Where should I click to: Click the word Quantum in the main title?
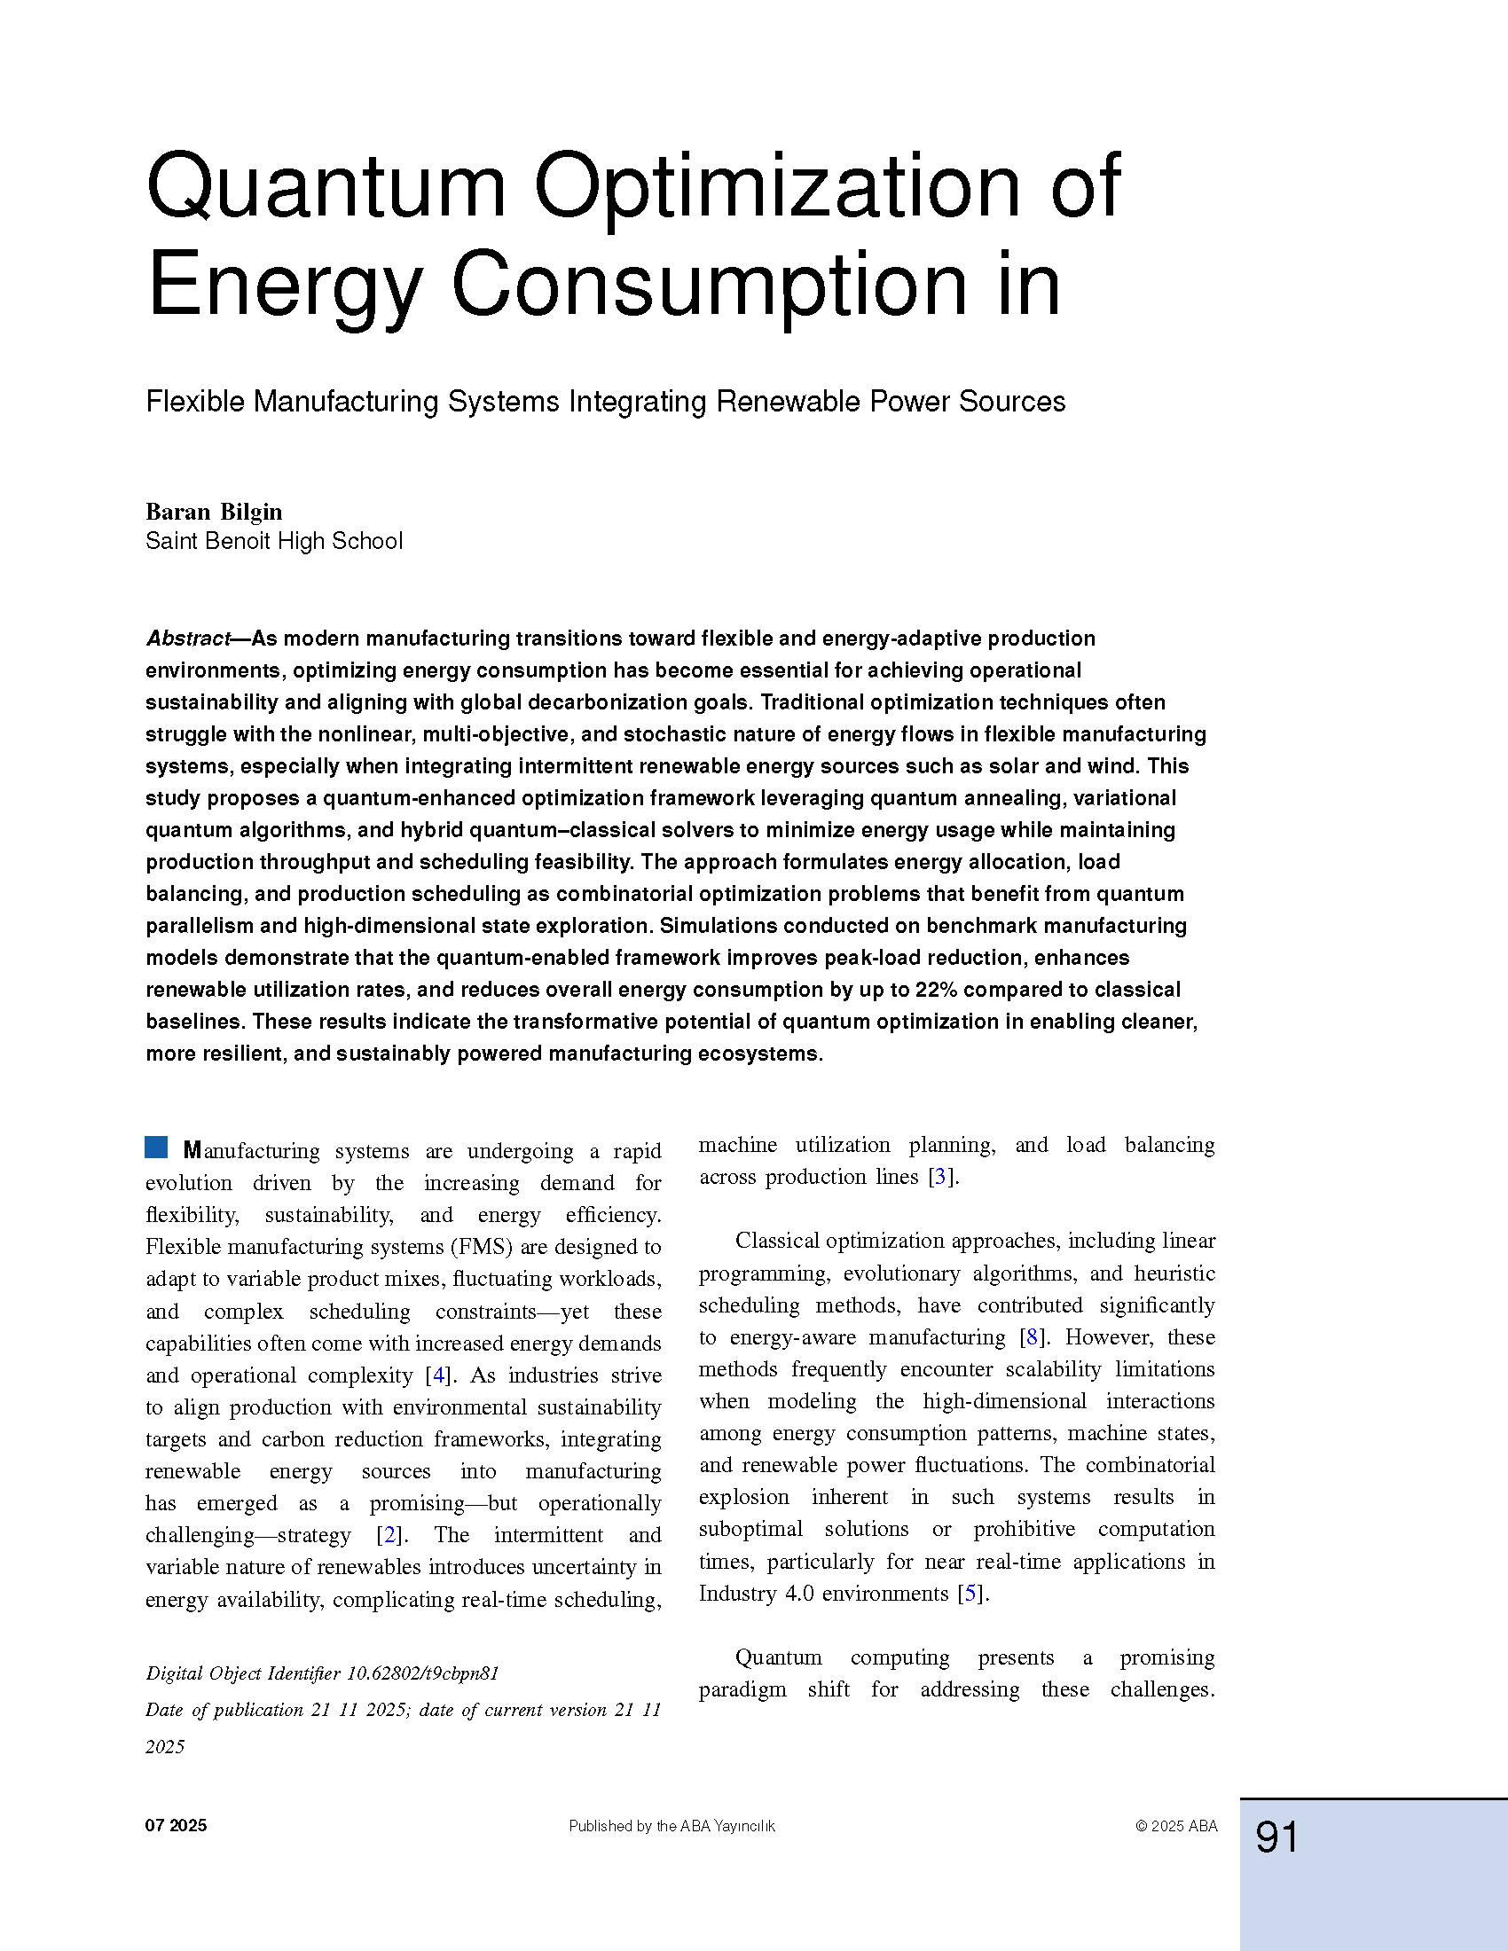[x=326, y=188]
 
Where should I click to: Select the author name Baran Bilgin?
[x=214, y=512]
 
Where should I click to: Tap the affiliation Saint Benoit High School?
[x=274, y=541]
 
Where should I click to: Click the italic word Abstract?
[x=188, y=639]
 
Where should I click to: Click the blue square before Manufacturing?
[x=156, y=1147]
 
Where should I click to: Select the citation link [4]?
[x=438, y=1375]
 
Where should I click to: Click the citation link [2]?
[x=389, y=1535]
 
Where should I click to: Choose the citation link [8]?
[x=1032, y=1337]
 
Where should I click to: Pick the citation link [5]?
[x=970, y=1594]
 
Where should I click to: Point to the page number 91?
[x=1276, y=1837]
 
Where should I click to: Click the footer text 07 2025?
[x=176, y=1826]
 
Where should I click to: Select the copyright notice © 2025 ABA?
[x=1175, y=1826]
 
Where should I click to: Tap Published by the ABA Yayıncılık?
[x=672, y=1826]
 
